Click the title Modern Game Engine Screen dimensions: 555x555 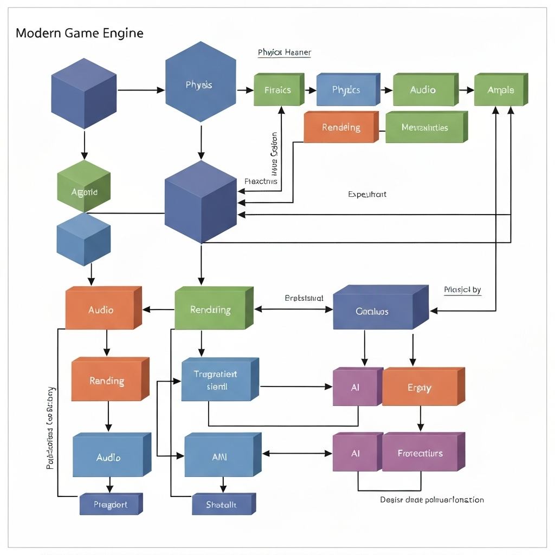tap(80, 33)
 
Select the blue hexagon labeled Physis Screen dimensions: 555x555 tap(200, 85)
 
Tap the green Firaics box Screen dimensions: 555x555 tap(278, 90)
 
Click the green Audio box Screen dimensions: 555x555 tap(423, 90)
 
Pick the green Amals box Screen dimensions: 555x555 tap(500, 90)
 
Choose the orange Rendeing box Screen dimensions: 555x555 tap(340, 128)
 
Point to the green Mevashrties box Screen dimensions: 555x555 tap(425, 128)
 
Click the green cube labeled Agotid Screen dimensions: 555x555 tap(84, 192)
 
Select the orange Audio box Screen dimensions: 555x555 tap(101, 310)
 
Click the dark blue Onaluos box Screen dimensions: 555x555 tap(373, 312)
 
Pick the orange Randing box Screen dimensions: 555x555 tap(107, 381)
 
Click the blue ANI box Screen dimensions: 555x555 tap(220, 457)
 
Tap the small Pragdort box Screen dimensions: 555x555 tap(110, 505)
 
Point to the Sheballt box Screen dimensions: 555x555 tap(222, 505)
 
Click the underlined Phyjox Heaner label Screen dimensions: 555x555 tap(284, 53)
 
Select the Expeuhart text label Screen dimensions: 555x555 tap(367, 194)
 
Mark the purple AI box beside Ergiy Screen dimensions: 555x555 tap(356, 388)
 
